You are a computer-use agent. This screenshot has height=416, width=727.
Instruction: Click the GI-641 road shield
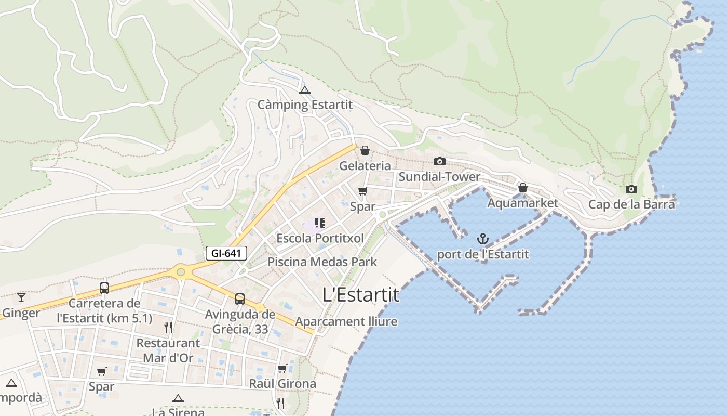point(226,253)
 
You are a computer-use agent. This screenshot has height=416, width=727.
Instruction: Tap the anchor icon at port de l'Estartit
point(483,239)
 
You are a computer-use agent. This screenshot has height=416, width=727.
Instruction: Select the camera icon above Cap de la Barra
point(631,189)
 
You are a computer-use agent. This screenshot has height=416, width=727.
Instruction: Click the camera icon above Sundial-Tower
point(439,161)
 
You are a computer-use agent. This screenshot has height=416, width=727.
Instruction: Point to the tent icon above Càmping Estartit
point(304,90)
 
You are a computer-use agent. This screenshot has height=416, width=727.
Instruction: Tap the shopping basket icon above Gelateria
point(365,150)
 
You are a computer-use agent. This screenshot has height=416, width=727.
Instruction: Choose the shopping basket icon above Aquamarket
point(522,188)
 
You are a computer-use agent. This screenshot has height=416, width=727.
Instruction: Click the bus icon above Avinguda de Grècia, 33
point(239,299)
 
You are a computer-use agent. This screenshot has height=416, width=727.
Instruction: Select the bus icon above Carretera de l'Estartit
point(104,288)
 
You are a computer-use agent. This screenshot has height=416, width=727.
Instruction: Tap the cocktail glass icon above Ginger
point(21,297)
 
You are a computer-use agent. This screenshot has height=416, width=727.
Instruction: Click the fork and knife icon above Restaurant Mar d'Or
point(168,327)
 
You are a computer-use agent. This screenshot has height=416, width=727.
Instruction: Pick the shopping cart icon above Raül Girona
point(282,369)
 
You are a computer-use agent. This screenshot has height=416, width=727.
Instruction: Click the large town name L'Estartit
point(361,295)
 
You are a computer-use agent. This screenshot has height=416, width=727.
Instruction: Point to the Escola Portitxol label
point(320,238)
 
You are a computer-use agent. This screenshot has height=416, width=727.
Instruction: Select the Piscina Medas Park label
point(322,262)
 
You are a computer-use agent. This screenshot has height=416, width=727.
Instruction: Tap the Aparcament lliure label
point(346,321)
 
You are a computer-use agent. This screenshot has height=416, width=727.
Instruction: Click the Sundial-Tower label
point(439,177)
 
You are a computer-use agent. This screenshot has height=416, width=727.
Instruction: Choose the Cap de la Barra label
point(631,204)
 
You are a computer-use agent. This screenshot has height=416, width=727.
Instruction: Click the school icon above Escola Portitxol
point(319,224)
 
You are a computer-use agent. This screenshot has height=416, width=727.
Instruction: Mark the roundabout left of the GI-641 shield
point(180,271)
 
